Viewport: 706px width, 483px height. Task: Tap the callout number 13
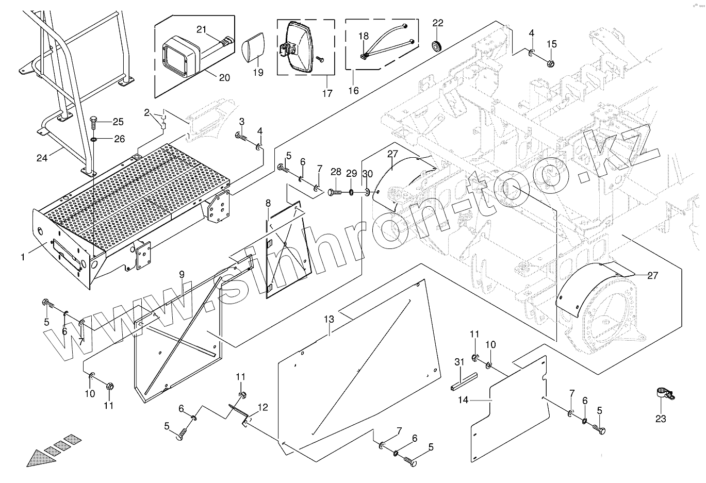coord(329,320)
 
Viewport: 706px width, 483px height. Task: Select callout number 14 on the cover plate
coord(463,399)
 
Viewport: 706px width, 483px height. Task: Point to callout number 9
coord(182,274)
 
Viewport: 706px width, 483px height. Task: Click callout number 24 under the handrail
coord(42,158)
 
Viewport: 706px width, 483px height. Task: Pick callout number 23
coord(661,419)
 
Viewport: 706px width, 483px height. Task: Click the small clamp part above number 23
coord(663,394)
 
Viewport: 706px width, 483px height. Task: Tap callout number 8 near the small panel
coord(268,204)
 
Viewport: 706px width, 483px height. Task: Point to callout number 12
coord(263,407)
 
